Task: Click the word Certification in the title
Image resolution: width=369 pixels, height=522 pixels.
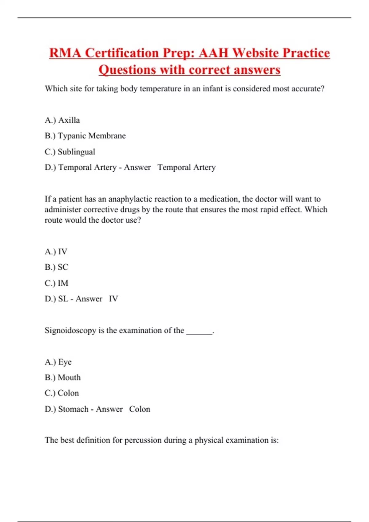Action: click(122, 53)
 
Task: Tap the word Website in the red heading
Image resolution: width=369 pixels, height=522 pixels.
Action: click(255, 53)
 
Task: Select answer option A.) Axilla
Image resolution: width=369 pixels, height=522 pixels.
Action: click(62, 120)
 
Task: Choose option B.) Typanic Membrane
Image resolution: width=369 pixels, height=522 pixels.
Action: click(85, 136)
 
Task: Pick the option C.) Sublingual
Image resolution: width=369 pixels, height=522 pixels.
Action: click(70, 152)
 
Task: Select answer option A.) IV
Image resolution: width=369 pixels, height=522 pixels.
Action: click(56, 251)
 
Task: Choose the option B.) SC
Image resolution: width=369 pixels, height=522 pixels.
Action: click(56, 267)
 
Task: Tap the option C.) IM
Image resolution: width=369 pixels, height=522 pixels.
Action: click(56, 283)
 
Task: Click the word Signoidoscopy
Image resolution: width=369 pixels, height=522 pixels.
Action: click(70, 330)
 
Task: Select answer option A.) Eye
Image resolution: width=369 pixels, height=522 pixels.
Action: click(58, 362)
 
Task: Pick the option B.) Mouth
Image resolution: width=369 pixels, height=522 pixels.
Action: click(63, 377)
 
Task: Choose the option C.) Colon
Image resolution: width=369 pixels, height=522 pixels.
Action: click(62, 393)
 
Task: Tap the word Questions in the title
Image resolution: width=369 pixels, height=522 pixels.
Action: click(127, 70)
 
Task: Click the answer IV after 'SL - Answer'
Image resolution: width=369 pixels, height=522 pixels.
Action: click(113, 299)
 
